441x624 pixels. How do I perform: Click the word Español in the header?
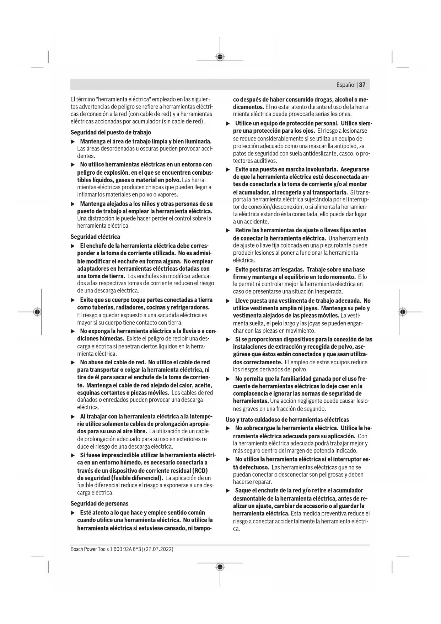[346, 85]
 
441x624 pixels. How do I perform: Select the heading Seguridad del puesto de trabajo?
[111, 132]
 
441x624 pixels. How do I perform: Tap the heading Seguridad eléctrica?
[95, 237]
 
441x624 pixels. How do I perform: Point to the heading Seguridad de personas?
[100, 503]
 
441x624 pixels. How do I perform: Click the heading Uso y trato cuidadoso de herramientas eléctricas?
[287, 419]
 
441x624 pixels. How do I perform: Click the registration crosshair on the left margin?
[37, 312]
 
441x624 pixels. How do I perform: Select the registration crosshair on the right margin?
[402, 312]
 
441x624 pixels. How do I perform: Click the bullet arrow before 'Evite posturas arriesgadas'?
[228, 270]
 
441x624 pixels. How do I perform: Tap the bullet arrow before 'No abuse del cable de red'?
[72, 363]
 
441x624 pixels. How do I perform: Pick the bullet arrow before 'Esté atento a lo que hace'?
[72, 513]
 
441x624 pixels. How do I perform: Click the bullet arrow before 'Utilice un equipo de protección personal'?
[228, 123]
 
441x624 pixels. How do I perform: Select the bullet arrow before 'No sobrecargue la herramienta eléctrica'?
[228, 428]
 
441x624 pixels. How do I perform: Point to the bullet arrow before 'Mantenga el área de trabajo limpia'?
[72, 142]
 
